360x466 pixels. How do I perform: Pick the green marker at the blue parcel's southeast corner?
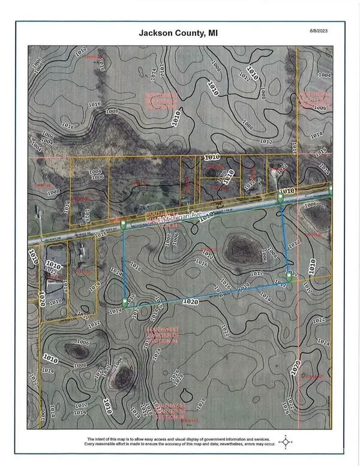click(289, 276)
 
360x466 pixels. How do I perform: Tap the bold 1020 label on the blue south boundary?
click(191, 299)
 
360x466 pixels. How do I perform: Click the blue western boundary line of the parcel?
click(124, 264)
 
